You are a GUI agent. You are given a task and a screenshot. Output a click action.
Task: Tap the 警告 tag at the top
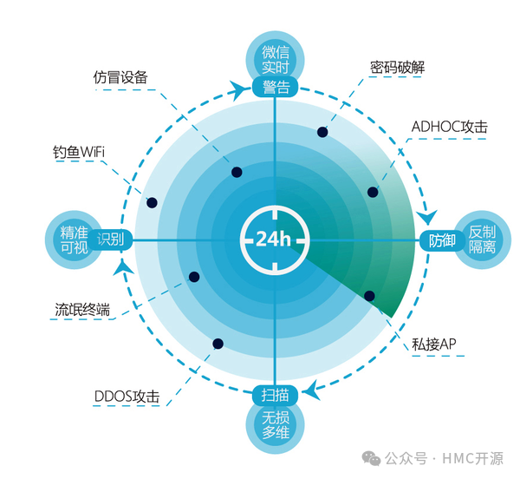coord(276,87)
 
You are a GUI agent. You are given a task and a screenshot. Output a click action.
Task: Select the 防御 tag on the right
coord(442,240)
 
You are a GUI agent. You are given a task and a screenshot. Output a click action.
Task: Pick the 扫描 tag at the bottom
coord(276,395)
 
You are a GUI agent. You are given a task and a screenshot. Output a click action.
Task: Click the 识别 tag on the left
coord(110,240)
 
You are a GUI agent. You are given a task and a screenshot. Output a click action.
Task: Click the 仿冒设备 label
coord(120,77)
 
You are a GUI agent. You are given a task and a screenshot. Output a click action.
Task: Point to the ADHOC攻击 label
coord(449,127)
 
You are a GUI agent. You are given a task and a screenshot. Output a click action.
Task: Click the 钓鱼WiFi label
coord(80,153)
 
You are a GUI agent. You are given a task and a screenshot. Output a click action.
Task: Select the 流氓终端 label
coord(81,309)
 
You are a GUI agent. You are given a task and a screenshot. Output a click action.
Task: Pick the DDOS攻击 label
coord(127,397)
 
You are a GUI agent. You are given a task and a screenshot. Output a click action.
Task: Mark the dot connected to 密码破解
coord(322,132)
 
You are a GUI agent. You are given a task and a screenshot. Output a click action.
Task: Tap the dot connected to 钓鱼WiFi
coord(152,203)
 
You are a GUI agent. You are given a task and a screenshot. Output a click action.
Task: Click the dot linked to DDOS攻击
coord(218,344)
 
